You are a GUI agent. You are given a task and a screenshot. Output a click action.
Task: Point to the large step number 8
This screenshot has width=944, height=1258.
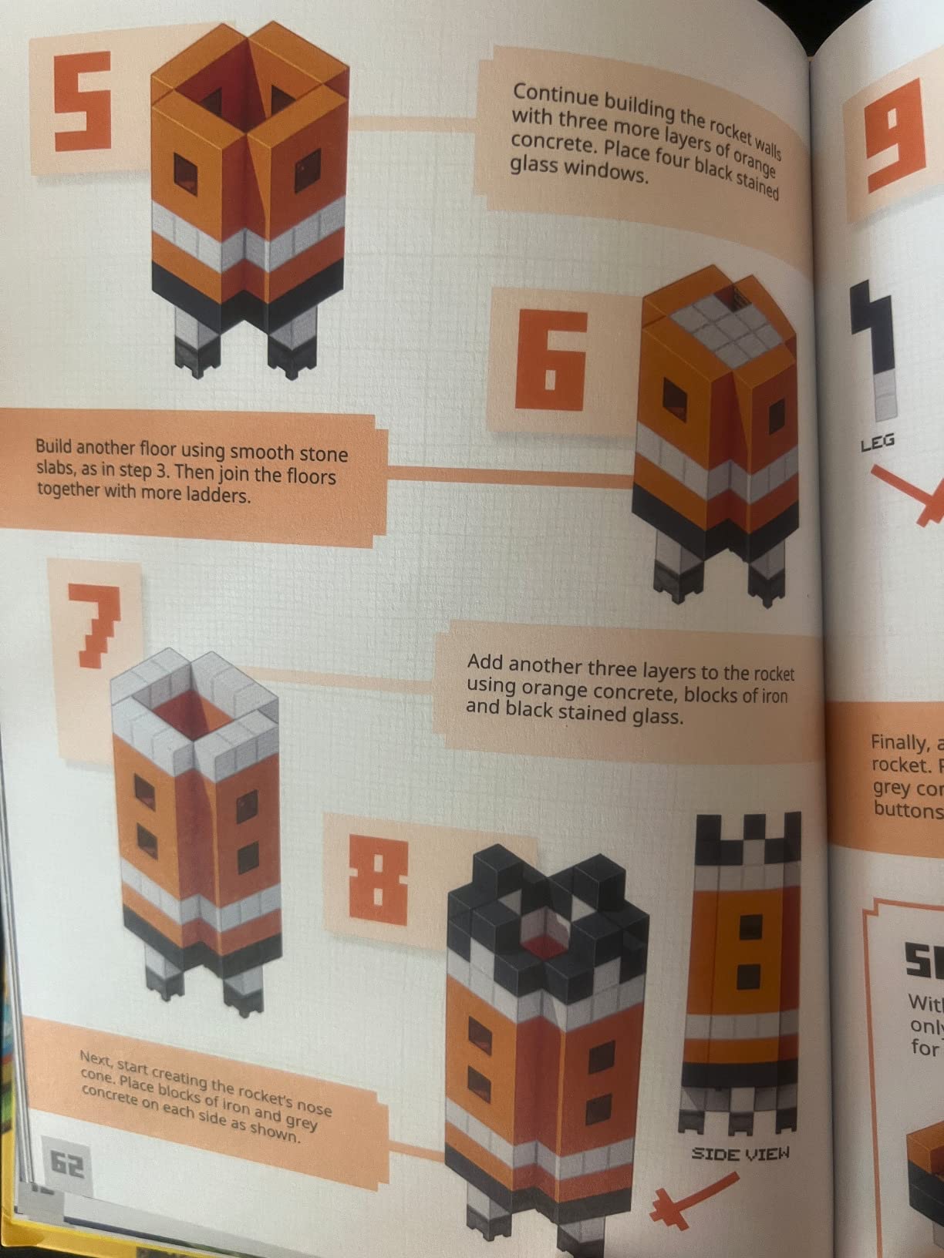click(x=379, y=882)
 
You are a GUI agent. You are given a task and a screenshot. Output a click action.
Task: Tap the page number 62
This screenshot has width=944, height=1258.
click(x=68, y=1164)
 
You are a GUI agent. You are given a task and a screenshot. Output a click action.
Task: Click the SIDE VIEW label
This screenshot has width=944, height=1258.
click(x=740, y=1154)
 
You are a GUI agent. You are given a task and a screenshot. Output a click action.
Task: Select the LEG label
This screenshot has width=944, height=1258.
click(x=877, y=442)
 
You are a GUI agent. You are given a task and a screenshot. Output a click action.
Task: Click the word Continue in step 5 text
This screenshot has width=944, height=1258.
click(x=555, y=96)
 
